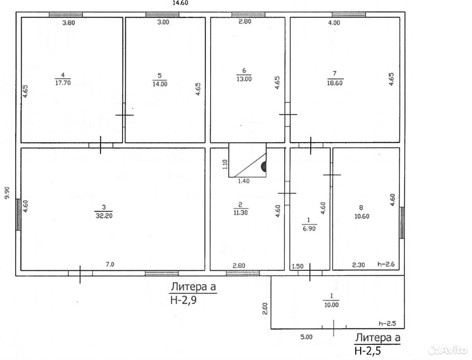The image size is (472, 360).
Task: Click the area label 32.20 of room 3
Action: pyautogui.click(x=104, y=216)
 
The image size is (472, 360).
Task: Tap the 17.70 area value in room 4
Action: pyautogui.click(x=63, y=82)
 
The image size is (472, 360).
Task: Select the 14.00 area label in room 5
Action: pyautogui.click(x=160, y=84)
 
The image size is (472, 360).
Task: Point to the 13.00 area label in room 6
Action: pyautogui.click(x=244, y=79)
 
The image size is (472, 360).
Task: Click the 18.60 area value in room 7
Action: pyautogui.click(x=335, y=83)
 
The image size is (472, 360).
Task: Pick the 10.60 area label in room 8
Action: pyautogui.click(x=362, y=216)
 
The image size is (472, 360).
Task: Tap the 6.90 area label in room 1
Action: pyautogui.click(x=309, y=229)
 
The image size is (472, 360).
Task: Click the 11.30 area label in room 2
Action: pyautogui.click(x=241, y=213)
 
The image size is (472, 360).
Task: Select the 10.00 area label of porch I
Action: pyautogui.click(x=331, y=305)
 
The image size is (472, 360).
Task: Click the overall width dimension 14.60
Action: pyautogui.click(x=180, y=3)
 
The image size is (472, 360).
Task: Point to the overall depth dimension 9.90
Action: pyautogui.click(x=7, y=192)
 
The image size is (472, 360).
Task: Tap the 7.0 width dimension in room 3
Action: pyautogui.click(x=110, y=265)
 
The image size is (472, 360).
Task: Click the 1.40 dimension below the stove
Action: pyautogui.click(x=244, y=181)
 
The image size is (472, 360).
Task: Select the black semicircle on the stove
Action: pyautogui.click(x=263, y=166)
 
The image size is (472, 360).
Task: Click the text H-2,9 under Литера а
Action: pyautogui.click(x=183, y=300)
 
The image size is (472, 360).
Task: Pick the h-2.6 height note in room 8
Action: pyautogui.click(x=386, y=265)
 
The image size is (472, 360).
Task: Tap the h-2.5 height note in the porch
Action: pyautogui.click(x=387, y=324)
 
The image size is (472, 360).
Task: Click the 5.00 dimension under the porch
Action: pyautogui.click(x=306, y=337)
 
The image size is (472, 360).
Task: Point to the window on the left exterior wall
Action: pyautogui.click(x=18, y=214)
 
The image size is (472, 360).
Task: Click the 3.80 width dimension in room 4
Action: pyautogui.click(x=68, y=23)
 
